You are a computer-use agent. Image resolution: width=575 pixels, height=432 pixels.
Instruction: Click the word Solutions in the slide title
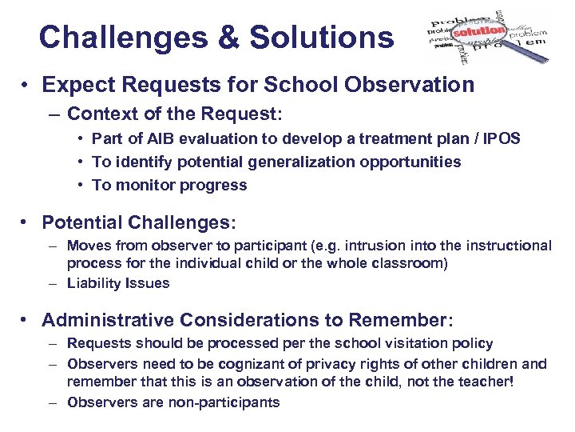pos(322,37)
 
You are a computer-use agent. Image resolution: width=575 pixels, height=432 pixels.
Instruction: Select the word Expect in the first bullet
pos(77,85)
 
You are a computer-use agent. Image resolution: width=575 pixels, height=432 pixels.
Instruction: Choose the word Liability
pos(96,282)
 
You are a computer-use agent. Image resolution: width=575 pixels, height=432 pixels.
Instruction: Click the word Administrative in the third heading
pos(108,320)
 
